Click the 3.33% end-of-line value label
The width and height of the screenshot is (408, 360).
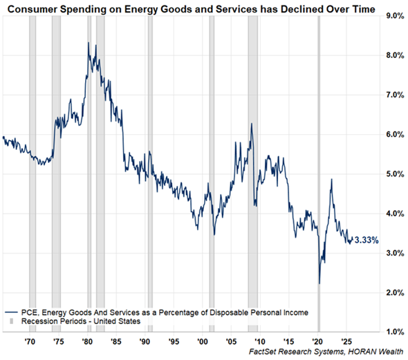[366, 240]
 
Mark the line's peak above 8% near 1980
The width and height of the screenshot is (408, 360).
[89, 43]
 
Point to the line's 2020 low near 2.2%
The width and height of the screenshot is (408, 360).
[319, 283]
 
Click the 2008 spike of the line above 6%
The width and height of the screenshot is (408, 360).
[251, 124]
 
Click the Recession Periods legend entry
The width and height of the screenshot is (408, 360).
[76, 321]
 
